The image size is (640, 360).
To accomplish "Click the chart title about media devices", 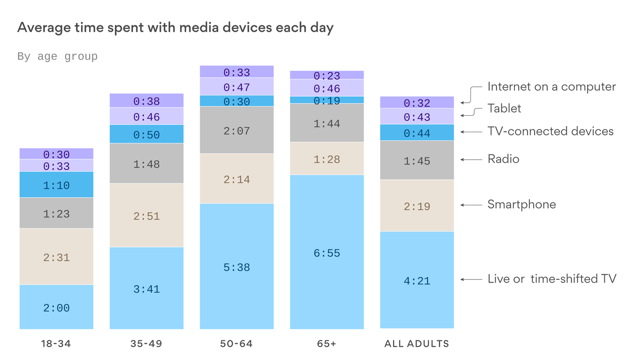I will [175, 28].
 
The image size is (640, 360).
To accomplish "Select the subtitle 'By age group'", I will [57, 57].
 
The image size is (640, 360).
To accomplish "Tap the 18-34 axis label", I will [56, 344].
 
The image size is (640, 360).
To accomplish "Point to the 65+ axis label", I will [327, 344].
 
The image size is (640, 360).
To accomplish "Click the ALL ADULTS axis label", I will [417, 344].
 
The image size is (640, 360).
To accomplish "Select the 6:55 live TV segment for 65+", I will [327, 253].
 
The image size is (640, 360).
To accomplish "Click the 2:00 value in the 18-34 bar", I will [56, 308].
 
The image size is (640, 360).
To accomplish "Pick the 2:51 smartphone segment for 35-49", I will [147, 216].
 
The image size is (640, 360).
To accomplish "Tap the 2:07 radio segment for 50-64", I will [237, 131].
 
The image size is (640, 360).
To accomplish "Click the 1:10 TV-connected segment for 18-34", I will [56, 185].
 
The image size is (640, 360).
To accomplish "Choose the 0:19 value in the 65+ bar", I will [327, 100].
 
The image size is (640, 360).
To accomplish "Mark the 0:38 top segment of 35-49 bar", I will [147, 101].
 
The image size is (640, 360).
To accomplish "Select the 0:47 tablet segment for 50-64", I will [237, 87].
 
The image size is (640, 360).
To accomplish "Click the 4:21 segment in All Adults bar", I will [417, 281].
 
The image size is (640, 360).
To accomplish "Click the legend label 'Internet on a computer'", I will [551, 87].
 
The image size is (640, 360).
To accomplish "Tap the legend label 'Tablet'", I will [504, 108].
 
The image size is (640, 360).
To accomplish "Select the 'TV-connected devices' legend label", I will [551, 131].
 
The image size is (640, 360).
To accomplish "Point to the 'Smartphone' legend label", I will [521, 204].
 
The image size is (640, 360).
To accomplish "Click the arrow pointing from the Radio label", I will [471, 159].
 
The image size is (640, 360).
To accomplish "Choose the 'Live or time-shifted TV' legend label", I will [552, 279].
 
